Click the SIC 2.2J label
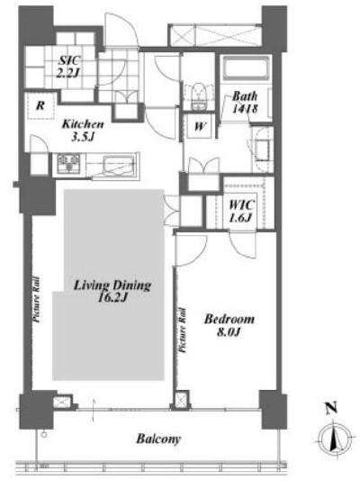[68, 66]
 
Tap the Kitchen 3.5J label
[83, 131]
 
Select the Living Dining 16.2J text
[112, 291]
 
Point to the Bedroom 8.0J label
[229, 325]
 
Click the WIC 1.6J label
[241, 211]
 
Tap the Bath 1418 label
[245, 102]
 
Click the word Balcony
[158, 439]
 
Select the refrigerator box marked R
[40, 105]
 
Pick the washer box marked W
[200, 126]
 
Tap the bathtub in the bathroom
[246, 68]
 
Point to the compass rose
[335, 439]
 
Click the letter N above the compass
[331, 408]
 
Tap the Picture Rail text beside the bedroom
[183, 331]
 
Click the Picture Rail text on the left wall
[37, 299]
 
